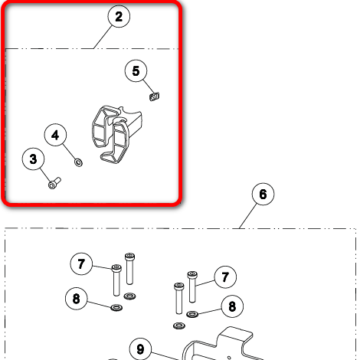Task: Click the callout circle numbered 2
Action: pos(119,16)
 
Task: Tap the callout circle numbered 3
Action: pos(33,159)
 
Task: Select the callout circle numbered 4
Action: pos(55,135)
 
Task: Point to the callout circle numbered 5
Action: pos(136,70)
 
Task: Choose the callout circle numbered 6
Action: pos(263,194)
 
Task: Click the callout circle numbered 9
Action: pos(140,349)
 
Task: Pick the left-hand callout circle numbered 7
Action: pos(81,263)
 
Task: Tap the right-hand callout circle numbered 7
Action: pos(225,277)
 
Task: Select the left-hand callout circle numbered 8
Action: pos(77,299)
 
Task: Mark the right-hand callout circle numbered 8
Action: pos(232,306)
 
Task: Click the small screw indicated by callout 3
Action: pos(54,183)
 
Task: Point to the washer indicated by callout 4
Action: pos(78,162)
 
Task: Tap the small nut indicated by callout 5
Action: pos(154,97)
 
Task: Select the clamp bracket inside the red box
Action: pos(116,134)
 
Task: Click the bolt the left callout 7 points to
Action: pos(116,280)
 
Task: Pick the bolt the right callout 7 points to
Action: pos(192,287)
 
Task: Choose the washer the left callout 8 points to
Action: pos(116,307)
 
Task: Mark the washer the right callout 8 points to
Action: pos(192,314)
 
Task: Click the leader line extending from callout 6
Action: pos(248,216)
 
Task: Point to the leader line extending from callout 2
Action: pos(103,37)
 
